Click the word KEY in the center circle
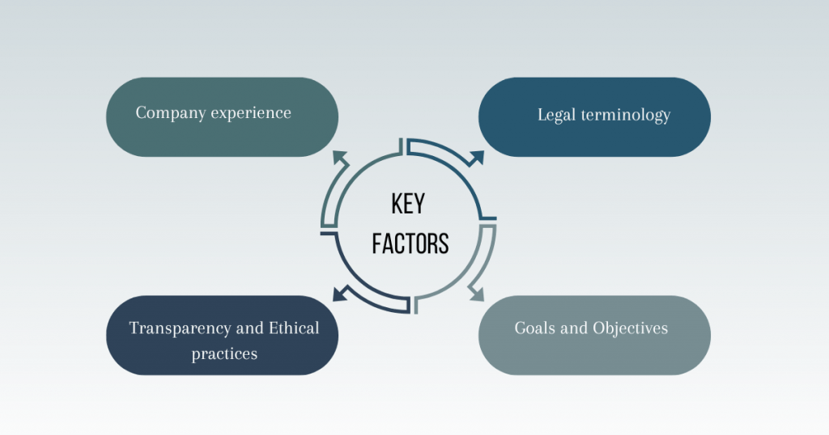pos(408,204)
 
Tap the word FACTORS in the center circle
pos(410,243)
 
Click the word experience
pos(251,112)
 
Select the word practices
pos(224,353)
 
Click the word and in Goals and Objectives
pos(576,328)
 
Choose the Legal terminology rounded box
pos(594,116)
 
